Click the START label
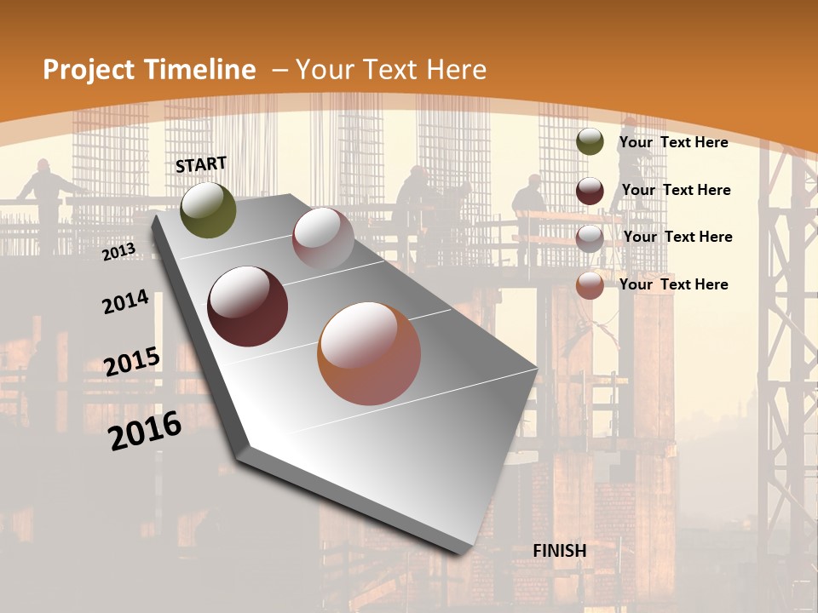coord(201,163)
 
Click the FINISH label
coord(559,551)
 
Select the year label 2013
coord(118,251)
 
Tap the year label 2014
coord(125,301)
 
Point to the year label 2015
coord(132,361)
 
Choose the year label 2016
coord(145,430)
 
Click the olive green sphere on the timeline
coord(208,209)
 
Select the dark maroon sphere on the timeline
coord(247,306)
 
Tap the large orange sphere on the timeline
coord(369,353)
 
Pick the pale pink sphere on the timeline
coord(323,238)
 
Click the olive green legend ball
coord(590,142)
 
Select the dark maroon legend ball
coord(590,190)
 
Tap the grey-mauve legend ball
coord(590,238)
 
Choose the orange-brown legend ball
coord(590,285)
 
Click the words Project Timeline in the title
coord(149,70)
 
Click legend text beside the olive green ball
coord(673,142)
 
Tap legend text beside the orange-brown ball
coord(673,284)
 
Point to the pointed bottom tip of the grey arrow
coord(460,553)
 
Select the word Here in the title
coord(456,70)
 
